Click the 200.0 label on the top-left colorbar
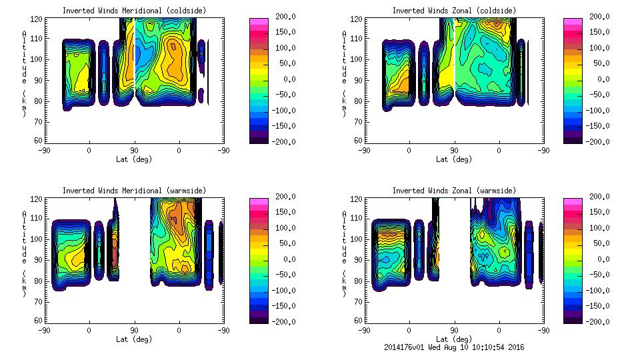pos(283,17)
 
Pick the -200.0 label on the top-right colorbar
pos(596,142)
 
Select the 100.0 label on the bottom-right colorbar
pos(596,228)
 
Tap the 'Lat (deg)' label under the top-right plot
pos(454,159)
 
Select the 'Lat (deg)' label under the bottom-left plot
pos(134,339)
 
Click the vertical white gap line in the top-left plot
pos(135,53)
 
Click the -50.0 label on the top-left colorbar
pos(283,95)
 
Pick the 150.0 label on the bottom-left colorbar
pos(283,212)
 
